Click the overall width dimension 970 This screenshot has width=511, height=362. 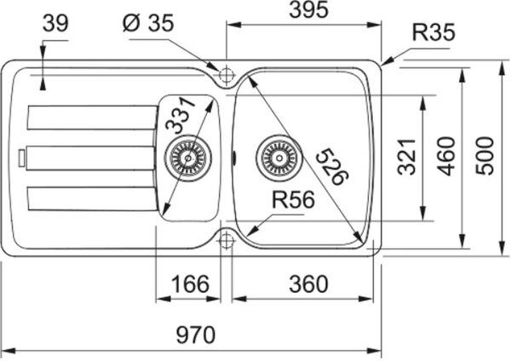click(196, 334)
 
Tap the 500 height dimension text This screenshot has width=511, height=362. click(485, 156)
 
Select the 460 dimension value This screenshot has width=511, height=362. click(445, 156)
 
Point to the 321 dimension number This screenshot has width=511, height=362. click(407, 157)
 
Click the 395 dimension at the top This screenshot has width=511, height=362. click(308, 9)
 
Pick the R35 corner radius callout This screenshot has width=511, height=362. click(433, 32)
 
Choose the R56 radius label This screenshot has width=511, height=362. click(293, 199)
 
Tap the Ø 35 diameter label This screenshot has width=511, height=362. click(148, 23)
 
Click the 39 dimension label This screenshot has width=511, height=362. click(55, 23)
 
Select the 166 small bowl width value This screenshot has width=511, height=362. click(190, 284)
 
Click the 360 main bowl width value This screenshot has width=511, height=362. click(308, 284)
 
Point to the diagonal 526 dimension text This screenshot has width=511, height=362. click(332, 166)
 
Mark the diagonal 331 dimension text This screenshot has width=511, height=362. click(181, 116)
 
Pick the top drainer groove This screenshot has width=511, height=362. click(93, 118)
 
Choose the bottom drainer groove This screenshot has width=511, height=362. click(93, 198)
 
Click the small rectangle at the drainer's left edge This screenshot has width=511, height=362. click(22, 158)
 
